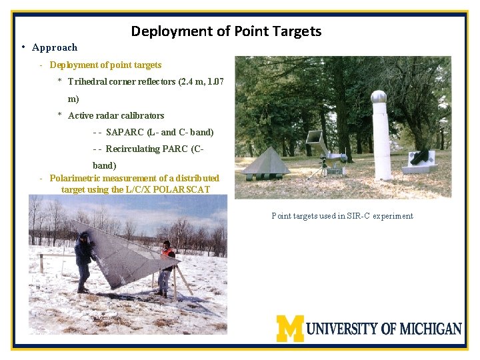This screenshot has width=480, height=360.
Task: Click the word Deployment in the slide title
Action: [163, 31]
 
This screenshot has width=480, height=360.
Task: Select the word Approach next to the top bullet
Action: [55, 47]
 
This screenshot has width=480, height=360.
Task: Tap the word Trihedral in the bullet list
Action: [89, 82]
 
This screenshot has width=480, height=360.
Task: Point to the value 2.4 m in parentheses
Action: [194, 82]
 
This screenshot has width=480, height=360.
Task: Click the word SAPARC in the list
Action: [124, 132]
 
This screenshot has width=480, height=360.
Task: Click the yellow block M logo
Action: [290, 328]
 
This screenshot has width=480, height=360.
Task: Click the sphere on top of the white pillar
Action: [379, 97]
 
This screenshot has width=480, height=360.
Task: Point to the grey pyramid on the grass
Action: [265, 162]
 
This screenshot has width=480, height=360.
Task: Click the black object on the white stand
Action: [420, 157]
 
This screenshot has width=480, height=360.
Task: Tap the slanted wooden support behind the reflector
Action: [183, 281]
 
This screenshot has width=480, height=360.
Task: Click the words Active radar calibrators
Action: [116, 115]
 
